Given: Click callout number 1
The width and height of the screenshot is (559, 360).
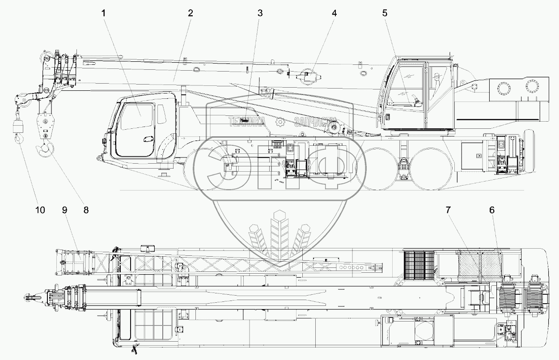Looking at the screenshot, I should [104, 13].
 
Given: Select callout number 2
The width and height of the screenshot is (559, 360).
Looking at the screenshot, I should [190, 13].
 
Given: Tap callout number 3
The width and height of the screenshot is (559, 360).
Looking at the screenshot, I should [260, 13].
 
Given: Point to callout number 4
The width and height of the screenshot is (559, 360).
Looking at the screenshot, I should [334, 13].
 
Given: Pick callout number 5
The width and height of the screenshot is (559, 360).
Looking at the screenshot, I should [385, 13].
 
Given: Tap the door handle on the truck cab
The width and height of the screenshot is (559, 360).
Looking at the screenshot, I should [147, 139].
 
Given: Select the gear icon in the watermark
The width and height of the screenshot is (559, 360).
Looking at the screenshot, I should [280, 121].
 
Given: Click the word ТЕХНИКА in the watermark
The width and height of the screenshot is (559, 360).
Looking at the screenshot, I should [246, 121].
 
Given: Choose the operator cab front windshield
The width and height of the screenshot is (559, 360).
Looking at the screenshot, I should [405, 85].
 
